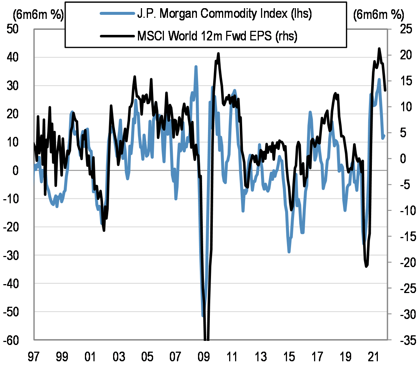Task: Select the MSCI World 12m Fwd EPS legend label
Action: coord(217,36)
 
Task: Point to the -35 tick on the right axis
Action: coord(404,340)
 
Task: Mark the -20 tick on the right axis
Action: coord(404,262)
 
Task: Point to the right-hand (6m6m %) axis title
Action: coord(378,15)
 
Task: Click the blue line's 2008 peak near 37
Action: coord(196,67)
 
